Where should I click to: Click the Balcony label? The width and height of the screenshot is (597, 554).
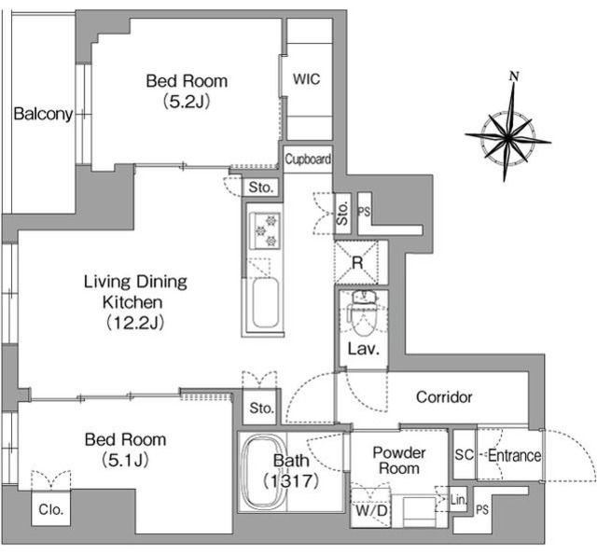point(43,114)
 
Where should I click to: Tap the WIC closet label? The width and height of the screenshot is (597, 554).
point(307,79)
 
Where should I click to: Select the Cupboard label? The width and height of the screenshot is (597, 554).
point(308,159)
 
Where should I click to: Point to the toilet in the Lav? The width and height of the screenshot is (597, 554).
point(364,313)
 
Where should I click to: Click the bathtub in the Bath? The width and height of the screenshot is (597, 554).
point(263,473)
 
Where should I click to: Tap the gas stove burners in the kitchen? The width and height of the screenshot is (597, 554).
point(265,230)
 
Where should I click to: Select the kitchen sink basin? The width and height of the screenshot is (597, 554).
point(265,302)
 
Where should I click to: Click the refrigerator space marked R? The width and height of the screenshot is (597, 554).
point(356,263)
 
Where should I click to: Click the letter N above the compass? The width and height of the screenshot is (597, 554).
point(514,76)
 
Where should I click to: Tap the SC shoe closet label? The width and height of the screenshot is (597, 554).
point(465,454)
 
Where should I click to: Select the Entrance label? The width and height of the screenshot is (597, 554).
point(514,455)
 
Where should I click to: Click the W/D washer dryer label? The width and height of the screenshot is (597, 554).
point(371,510)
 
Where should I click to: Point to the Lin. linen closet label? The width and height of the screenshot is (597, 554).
point(458,500)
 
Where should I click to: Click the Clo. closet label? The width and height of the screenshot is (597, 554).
point(51,509)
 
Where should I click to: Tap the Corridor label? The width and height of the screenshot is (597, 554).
point(444,397)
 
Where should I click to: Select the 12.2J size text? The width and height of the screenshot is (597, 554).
point(135,323)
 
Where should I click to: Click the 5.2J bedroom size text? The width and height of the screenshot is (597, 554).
point(187,102)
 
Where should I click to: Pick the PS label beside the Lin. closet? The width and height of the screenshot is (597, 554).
point(482,509)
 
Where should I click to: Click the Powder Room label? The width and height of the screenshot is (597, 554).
point(399,461)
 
